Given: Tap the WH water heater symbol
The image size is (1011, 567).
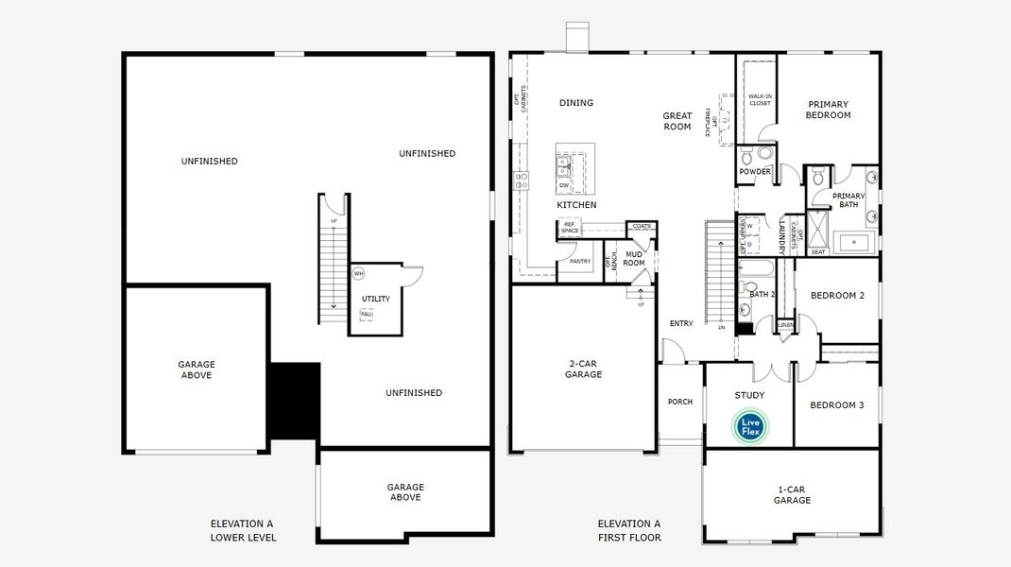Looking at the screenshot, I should (x=358, y=273).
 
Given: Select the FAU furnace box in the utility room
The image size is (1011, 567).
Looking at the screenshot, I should (x=366, y=315).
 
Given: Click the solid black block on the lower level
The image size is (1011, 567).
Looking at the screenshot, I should (x=295, y=400).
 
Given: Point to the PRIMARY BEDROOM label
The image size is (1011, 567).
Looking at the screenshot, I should (x=828, y=110).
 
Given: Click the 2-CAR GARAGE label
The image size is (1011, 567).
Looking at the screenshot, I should (x=583, y=369).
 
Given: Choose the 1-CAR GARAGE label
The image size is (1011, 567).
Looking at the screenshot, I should (x=792, y=494).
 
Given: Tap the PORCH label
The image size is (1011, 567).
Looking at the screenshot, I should (x=680, y=402).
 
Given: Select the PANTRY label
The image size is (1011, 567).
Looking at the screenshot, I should (x=580, y=262).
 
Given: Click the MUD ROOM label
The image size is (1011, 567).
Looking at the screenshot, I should (x=634, y=258).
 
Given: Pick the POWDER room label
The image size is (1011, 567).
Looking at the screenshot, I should (x=755, y=172).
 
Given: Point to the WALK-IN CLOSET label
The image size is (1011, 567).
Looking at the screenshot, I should (x=760, y=99).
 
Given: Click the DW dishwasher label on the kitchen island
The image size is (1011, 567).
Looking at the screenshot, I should (x=564, y=185).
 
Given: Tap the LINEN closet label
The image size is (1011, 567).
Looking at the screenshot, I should (x=785, y=325).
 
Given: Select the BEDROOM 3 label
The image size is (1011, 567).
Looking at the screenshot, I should (x=836, y=405).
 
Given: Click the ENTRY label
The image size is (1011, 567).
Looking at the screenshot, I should (x=681, y=323).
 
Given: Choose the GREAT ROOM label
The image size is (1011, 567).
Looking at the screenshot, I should (x=677, y=121).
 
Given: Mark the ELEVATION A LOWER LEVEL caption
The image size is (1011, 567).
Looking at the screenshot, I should (x=243, y=530).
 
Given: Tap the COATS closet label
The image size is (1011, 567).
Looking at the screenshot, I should (x=643, y=227).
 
